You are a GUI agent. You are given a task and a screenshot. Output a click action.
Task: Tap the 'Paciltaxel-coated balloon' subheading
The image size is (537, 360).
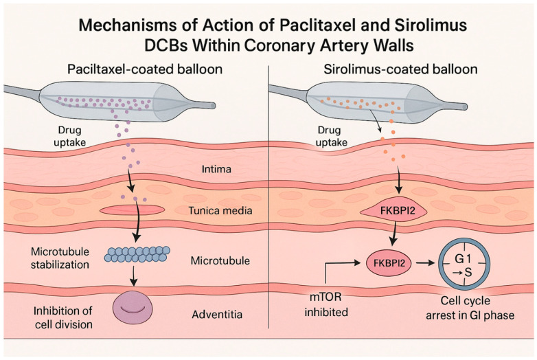[x=145, y=69]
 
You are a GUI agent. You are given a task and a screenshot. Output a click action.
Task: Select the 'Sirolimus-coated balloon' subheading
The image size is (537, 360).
[x=401, y=69]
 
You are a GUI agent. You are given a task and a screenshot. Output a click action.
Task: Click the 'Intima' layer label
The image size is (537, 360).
[x=216, y=169]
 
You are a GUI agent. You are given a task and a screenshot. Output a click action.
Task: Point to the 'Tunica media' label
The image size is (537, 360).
[x=220, y=210]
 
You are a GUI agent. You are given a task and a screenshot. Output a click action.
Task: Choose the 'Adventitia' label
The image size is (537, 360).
[x=217, y=314]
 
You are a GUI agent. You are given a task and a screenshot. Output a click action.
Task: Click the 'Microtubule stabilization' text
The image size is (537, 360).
[x=60, y=258]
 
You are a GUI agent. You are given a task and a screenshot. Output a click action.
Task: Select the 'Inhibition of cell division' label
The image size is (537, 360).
[x=63, y=317]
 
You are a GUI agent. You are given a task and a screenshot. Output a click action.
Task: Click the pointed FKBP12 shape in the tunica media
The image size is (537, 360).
[x=394, y=210]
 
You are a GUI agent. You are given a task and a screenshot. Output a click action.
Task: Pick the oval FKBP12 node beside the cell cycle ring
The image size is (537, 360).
[x=389, y=263]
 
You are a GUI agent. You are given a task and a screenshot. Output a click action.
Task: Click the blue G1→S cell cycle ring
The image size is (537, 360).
[x=464, y=263]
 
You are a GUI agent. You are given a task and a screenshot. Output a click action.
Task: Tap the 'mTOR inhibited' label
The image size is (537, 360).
[x=326, y=304]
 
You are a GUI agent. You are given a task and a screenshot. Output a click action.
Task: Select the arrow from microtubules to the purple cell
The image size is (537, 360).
[x=134, y=275]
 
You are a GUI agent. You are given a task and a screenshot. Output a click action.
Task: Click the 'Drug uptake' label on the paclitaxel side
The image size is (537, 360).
[x=69, y=136]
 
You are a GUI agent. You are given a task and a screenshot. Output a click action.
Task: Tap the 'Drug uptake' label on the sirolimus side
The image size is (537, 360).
[x=331, y=136]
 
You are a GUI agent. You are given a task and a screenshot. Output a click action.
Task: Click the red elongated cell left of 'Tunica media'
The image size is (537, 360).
[x=132, y=210]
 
